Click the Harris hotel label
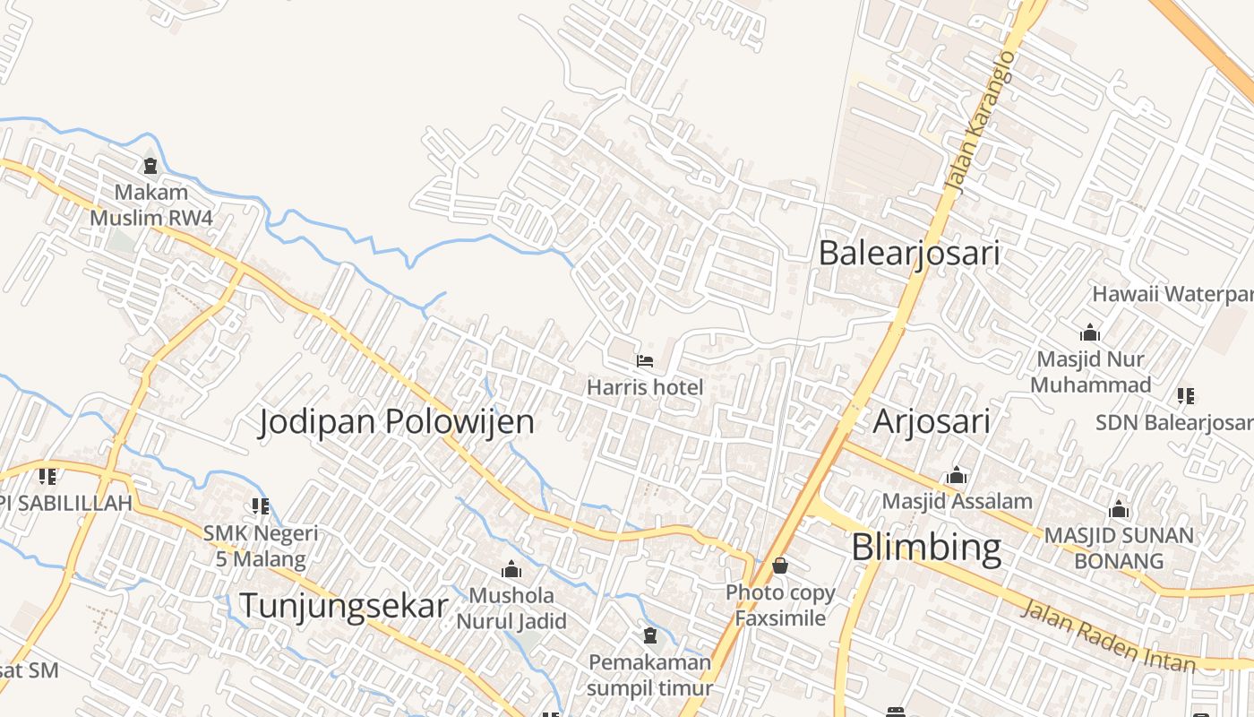645,388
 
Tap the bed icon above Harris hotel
645,362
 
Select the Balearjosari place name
909,253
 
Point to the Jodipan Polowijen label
397,421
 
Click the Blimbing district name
926,547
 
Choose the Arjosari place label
932,420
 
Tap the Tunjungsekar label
343,607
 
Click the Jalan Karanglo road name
981,121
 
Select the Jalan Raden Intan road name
1109,637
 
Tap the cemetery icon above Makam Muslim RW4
150,166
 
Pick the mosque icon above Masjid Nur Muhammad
1090,333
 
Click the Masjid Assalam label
958,501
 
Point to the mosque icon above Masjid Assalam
957,475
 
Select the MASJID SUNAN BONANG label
1119,549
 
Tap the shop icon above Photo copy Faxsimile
780,566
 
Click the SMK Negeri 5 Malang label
261,547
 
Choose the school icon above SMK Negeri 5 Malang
261,506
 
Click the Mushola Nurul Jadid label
511,608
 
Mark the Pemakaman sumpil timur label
650,675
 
